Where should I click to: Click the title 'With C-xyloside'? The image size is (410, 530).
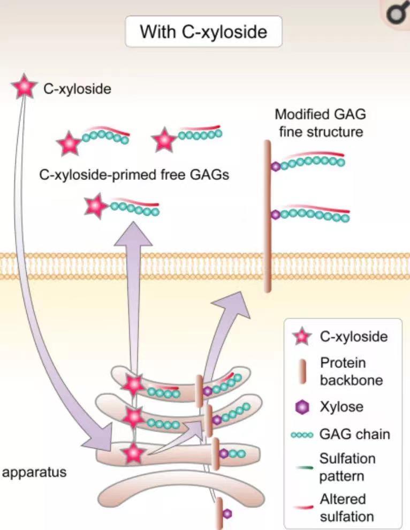tap(203, 32)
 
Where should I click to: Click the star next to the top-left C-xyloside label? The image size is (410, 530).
tap(25, 88)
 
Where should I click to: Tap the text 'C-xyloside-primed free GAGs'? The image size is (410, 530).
tap(134, 175)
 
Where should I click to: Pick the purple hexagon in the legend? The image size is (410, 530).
tap(303, 407)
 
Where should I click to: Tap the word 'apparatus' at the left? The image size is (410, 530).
tap(35, 473)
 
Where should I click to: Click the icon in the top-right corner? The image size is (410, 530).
tap(397, 12)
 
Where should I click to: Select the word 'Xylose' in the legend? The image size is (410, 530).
tap(341, 407)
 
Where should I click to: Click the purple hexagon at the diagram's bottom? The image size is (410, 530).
tap(227, 513)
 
